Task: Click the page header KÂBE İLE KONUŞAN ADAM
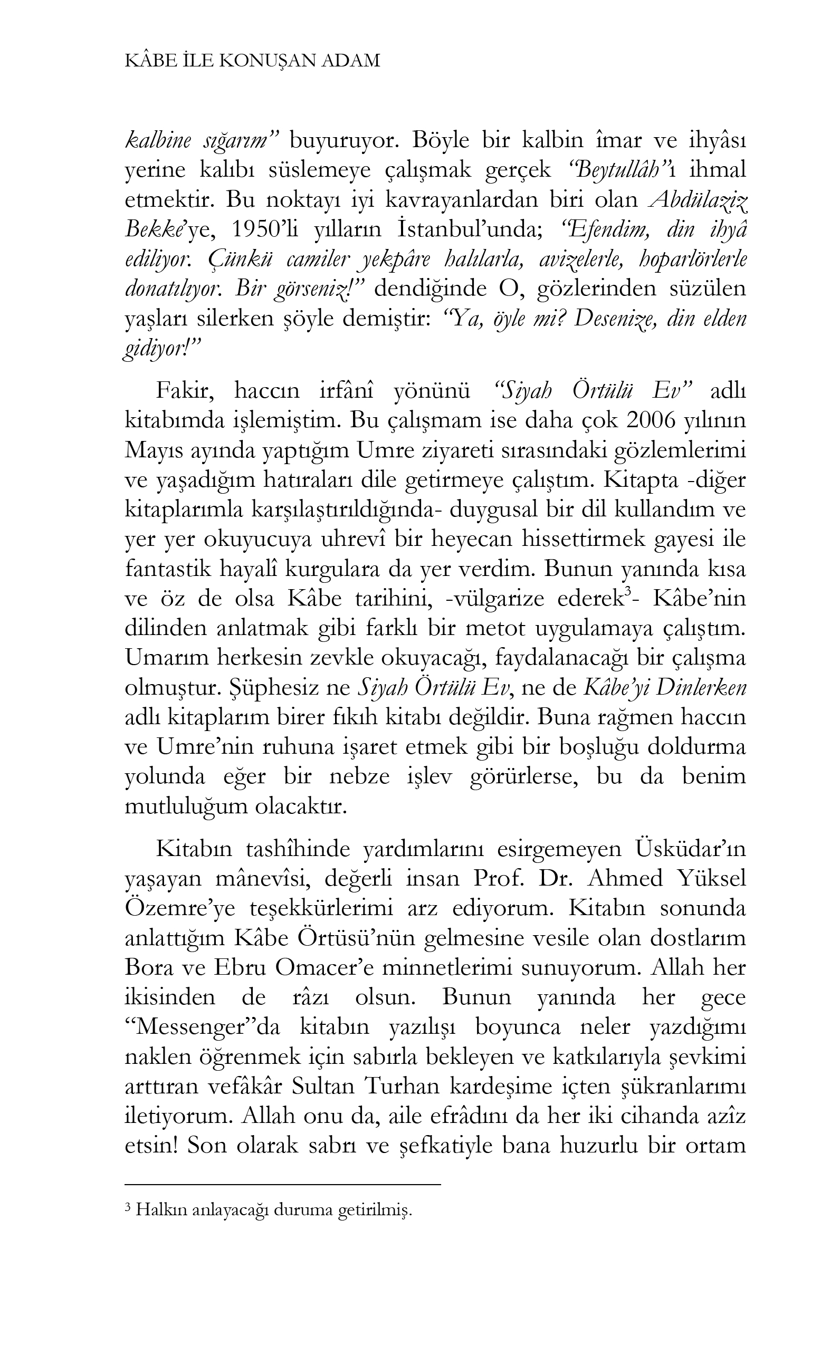253,61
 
